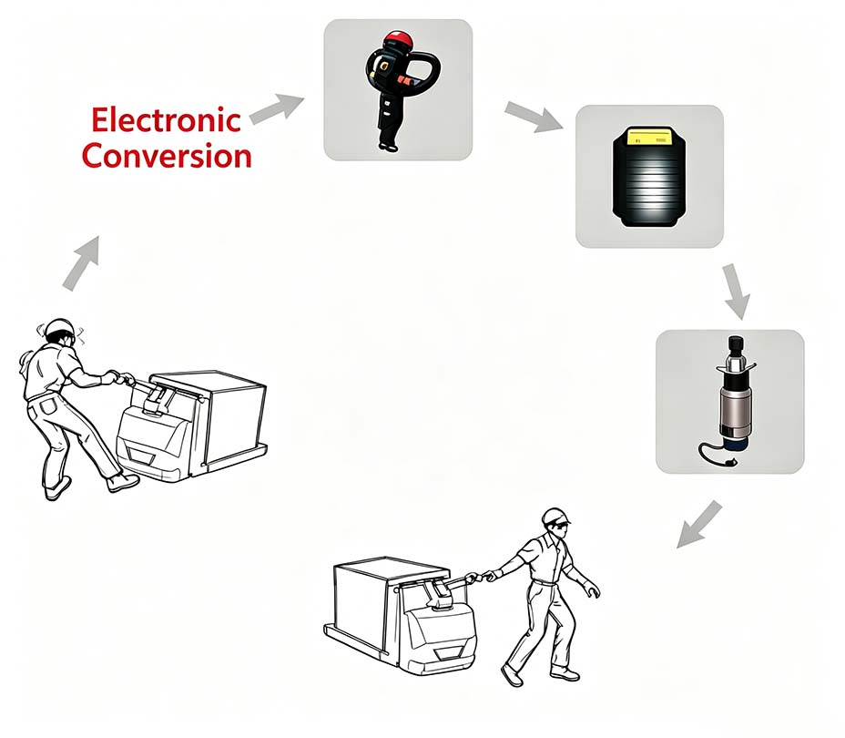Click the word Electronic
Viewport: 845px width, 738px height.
166,119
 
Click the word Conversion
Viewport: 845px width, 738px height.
167,156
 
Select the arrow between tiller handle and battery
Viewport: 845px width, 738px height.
534,117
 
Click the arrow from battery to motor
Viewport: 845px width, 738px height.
736,292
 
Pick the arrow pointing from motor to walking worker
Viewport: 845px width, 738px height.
699,524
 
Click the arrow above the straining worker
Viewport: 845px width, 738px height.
81,263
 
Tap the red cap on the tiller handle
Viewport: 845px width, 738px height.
398,39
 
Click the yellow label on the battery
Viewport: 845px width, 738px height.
651,137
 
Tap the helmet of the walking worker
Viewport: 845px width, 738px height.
555,516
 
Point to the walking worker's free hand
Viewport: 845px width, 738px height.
592,589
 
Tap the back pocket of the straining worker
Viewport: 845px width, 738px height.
48,405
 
